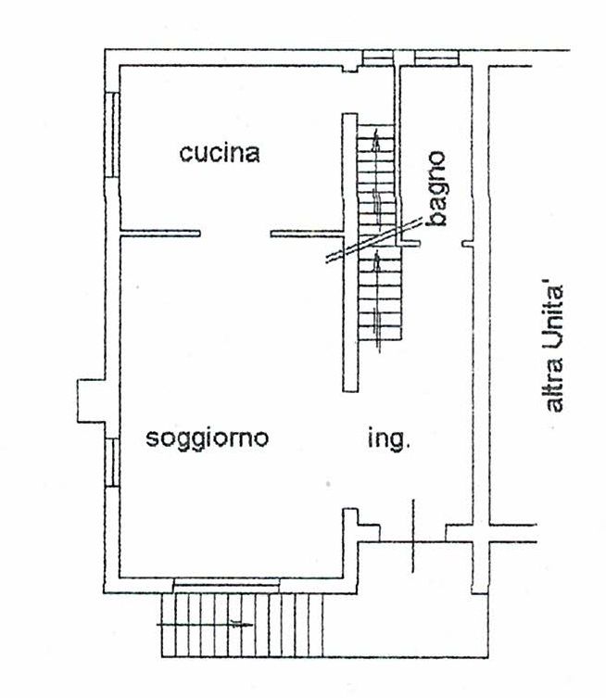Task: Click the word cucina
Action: [220, 153]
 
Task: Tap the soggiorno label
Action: [208, 439]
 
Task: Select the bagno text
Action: [436, 189]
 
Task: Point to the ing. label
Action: [388, 439]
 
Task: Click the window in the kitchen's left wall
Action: [112, 135]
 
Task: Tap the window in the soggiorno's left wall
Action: [112, 462]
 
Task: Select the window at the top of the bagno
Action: [436, 57]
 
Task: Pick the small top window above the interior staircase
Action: [378, 57]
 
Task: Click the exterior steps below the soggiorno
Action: [242, 625]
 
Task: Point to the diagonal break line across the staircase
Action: [374, 240]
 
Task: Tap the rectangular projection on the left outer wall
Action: [91, 400]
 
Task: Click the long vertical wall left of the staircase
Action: [350, 252]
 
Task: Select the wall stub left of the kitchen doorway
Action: [160, 234]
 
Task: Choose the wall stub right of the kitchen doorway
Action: [307, 234]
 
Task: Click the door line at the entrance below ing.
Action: [413, 536]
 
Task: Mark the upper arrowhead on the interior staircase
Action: [377, 139]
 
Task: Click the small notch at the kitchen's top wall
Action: [350, 69]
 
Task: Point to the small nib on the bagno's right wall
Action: [467, 244]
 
